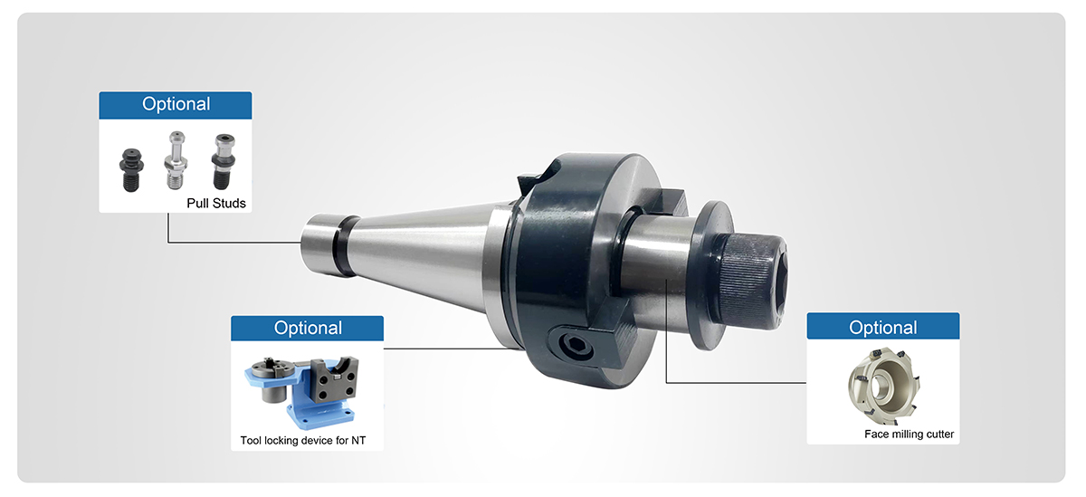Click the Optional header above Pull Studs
click(176, 104)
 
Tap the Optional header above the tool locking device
click(308, 328)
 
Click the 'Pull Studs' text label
click(216, 203)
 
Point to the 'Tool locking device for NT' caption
click(303, 440)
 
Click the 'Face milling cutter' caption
click(909, 434)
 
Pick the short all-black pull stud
click(131, 169)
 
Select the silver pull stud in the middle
click(176, 160)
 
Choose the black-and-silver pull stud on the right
click(223, 161)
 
